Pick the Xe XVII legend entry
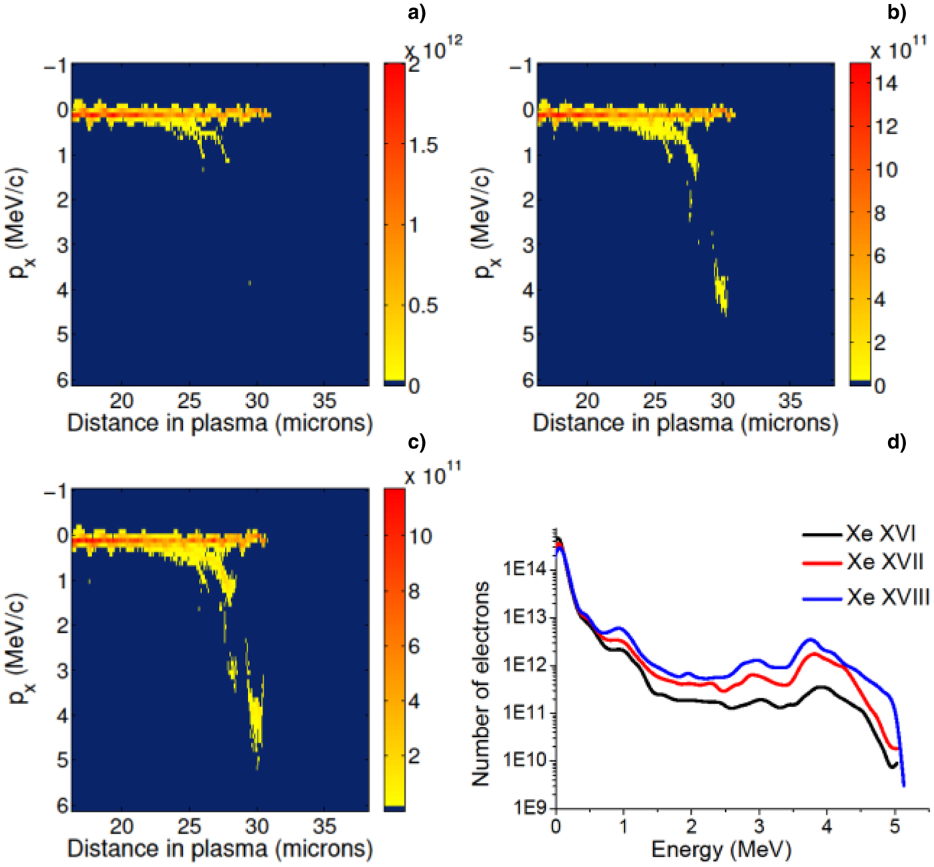[885, 562]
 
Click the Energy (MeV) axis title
[721, 849]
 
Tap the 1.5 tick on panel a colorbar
[423, 146]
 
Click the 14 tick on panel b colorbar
[886, 83]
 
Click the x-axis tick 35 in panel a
[324, 401]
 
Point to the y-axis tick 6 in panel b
[528, 379]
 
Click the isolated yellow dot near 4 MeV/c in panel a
[250, 283]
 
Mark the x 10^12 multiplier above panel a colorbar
[434, 47]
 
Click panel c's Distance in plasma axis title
[219, 849]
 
